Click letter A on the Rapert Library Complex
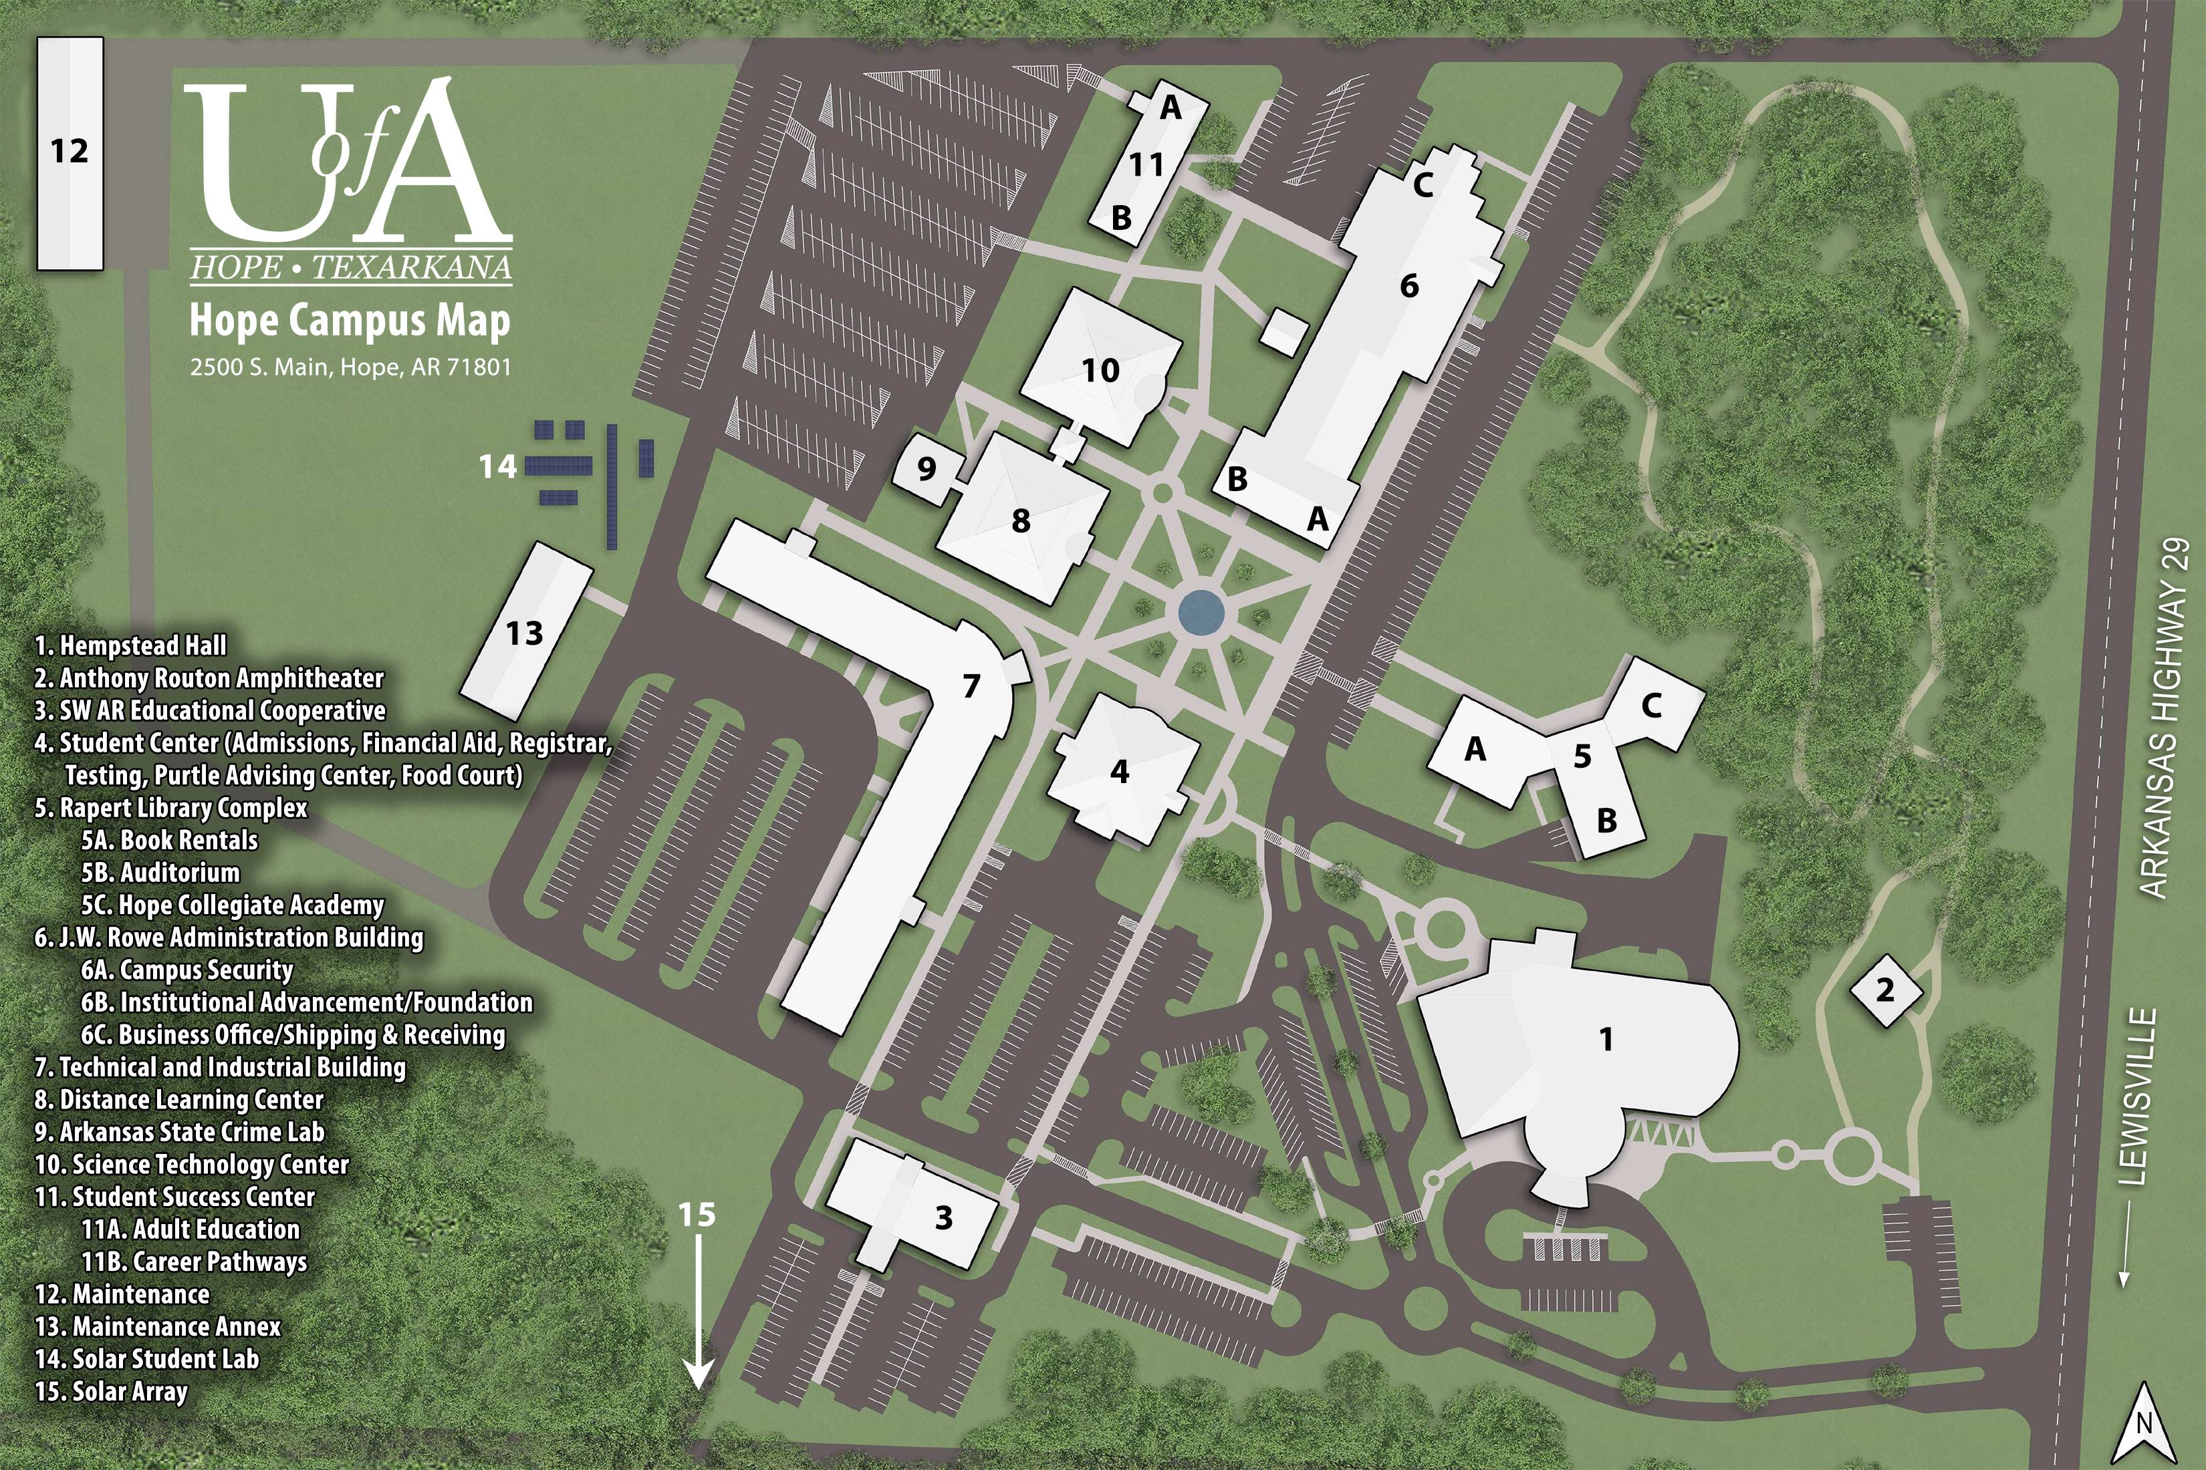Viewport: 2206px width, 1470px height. point(1475,749)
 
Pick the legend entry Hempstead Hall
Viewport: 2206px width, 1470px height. point(131,646)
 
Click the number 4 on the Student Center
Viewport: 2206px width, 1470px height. point(1119,770)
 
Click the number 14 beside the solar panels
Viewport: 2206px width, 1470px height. point(498,466)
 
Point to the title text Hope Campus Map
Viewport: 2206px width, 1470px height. point(350,321)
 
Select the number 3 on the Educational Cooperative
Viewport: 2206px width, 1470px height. point(943,1218)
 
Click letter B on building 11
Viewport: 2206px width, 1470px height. point(1121,218)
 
